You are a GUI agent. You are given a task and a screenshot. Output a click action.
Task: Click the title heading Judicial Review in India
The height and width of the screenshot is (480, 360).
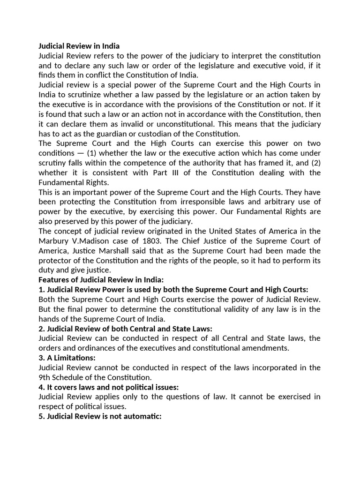(x=79, y=46)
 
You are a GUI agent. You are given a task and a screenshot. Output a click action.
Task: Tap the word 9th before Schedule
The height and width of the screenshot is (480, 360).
(x=45, y=377)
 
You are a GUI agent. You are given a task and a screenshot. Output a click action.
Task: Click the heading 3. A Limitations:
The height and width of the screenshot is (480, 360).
(x=67, y=358)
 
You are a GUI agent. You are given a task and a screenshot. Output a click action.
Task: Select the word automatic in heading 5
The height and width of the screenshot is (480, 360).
(x=142, y=416)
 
